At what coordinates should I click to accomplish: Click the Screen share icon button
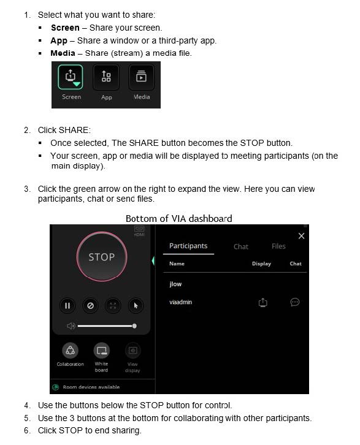click(x=71, y=78)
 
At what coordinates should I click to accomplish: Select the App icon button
click(x=106, y=78)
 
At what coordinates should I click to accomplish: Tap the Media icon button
click(x=142, y=78)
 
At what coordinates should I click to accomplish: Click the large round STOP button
click(x=101, y=257)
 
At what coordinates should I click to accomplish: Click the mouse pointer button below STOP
click(x=136, y=305)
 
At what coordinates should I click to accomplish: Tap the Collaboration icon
click(x=70, y=351)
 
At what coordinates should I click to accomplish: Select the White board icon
click(x=101, y=351)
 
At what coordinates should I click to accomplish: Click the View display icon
click(x=132, y=351)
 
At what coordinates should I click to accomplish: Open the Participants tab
click(x=188, y=246)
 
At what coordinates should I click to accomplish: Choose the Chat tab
click(x=241, y=246)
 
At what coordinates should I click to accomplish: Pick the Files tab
click(x=278, y=246)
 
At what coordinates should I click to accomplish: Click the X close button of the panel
click(x=301, y=236)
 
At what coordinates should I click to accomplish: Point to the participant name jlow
click(x=175, y=284)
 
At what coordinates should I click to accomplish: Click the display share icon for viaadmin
click(x=262, y=302)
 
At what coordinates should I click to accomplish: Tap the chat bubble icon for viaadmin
click(x=295, y=302)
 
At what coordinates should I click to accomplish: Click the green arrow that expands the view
click(x=153, y=261)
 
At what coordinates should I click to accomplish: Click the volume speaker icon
click(x=71, y=326)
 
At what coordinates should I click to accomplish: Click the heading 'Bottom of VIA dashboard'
click(x=178, y=218)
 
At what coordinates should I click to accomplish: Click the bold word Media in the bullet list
click(x=63, y=53)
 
